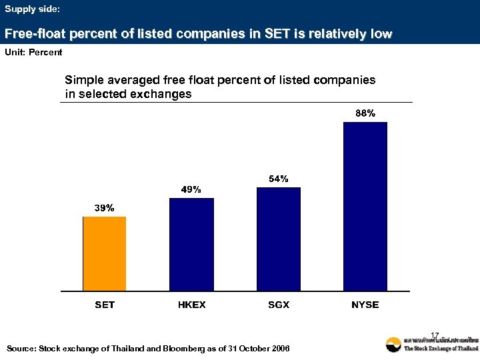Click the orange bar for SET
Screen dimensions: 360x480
coord(104,253)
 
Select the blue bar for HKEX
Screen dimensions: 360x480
coord(191,244)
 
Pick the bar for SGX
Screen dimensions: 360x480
coord(278,239)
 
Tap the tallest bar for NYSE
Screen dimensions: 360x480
coord(365,207)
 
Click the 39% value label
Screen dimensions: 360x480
coord(104,208)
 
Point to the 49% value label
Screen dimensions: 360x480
coord(191,189)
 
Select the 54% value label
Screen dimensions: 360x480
coord(278,179)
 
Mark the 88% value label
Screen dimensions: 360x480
coord(365,113)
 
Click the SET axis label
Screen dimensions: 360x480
coord(104,305)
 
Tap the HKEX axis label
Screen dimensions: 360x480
coord(191,305)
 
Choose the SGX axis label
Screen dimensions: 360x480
coord(278,305)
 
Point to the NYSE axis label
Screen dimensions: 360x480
coord(365,305)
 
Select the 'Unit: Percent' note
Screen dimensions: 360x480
coord(33,52)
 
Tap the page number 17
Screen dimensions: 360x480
coord(435,335)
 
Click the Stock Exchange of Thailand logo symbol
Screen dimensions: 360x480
coord(393,345)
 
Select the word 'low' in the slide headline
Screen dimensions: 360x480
coord(381,33)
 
